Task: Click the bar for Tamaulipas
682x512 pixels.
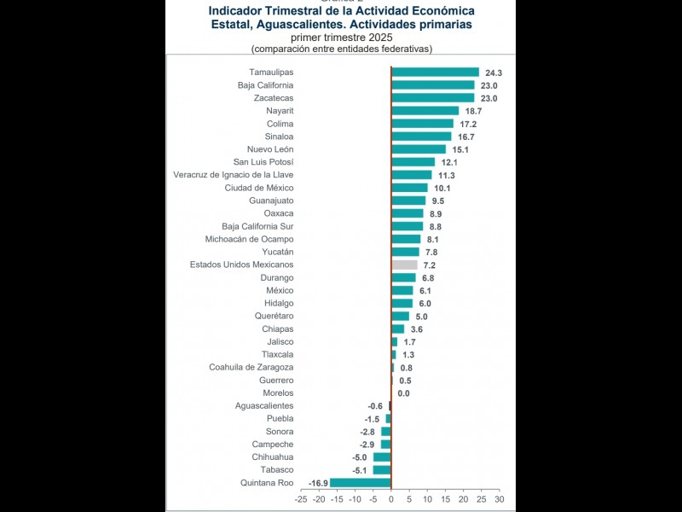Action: pyautogui.click(x=435, y=73)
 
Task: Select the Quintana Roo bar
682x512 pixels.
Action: pyautogui.click(x=360, y=483)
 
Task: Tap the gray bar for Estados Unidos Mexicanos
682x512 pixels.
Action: pyautogui.click(x=404, y=265)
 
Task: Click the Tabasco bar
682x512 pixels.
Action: pyautogui.click(x=382, y=470)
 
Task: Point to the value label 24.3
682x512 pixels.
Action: pyautogui.click(x=494, y=73)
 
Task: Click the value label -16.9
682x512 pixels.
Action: pyautogui.click(x=319, y=483)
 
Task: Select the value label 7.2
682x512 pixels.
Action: pyautogui.click(x=430, y=265)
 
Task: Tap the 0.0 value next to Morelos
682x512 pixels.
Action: pyautogui.click(x=404, y=393)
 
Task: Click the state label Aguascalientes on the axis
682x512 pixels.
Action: pyautogui.click(x=264, y=406)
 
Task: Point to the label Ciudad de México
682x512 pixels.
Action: pyautogui.click(x=259, y=188)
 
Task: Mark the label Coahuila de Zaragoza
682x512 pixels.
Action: pyautogui.click(x=251, y=368)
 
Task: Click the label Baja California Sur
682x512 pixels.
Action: pyautogui.click(x=257, y=226)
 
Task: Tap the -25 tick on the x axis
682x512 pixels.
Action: pyautogui.click(x=300, y=499)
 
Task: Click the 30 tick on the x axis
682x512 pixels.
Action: pyautogui.click(x=499, y=499)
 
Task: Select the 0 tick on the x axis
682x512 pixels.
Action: pyautogui.click(x=391, y=499)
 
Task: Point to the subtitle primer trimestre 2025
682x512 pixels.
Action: pyautogui.click(x=341, y=38)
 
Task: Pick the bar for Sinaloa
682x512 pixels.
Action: pyautogui.click(x=421, y=137)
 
